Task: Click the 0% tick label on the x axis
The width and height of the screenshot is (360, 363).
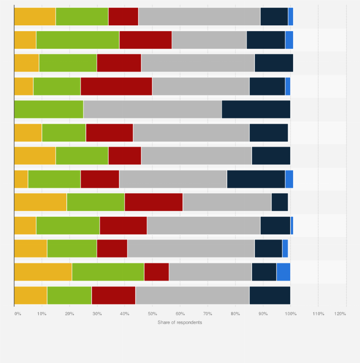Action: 18,314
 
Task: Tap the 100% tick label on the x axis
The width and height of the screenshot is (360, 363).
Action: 290,314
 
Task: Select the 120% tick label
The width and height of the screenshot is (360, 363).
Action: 340,314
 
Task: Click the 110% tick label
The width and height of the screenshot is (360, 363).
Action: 318,314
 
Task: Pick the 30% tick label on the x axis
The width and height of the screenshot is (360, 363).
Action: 97,314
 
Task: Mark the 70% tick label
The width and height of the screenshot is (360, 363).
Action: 207,314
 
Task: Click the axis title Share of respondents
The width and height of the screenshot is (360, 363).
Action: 180,322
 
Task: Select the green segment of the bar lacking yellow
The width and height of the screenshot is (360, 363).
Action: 49,109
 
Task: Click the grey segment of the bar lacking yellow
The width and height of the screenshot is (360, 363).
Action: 152,109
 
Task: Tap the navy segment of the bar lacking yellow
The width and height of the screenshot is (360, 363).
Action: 256,109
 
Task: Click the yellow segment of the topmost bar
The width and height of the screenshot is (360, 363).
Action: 35,16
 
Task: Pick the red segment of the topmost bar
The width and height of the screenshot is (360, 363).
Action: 123,16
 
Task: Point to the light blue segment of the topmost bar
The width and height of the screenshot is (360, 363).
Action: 290,16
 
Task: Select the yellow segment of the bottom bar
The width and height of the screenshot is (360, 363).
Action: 31,295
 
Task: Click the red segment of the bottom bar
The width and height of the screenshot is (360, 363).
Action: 113,295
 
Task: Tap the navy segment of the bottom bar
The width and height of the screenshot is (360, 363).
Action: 270,295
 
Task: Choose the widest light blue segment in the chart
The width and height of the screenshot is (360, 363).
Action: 283,272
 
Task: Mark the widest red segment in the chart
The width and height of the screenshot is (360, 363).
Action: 116,86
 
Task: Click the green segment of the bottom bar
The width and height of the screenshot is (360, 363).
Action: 69,295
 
